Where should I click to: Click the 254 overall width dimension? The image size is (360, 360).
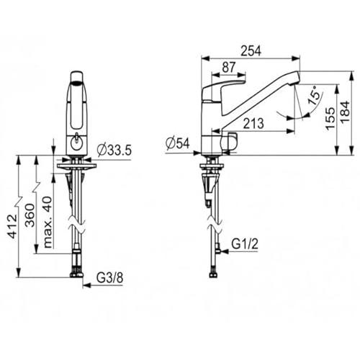coord(251,50)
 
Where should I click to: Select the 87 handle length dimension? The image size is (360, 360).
coord(229,67)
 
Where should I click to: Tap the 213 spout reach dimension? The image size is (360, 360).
coord(253,123)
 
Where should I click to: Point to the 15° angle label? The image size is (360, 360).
coord(315,96)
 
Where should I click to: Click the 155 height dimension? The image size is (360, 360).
coord(330,119)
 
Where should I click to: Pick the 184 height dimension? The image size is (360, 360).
coord(346,112)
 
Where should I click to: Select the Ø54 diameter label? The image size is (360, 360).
coord(178,143)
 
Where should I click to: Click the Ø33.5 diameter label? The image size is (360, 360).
coord(114,150)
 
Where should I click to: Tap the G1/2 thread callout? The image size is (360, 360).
coord(245,244)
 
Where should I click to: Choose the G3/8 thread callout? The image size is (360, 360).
coord(110,278)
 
